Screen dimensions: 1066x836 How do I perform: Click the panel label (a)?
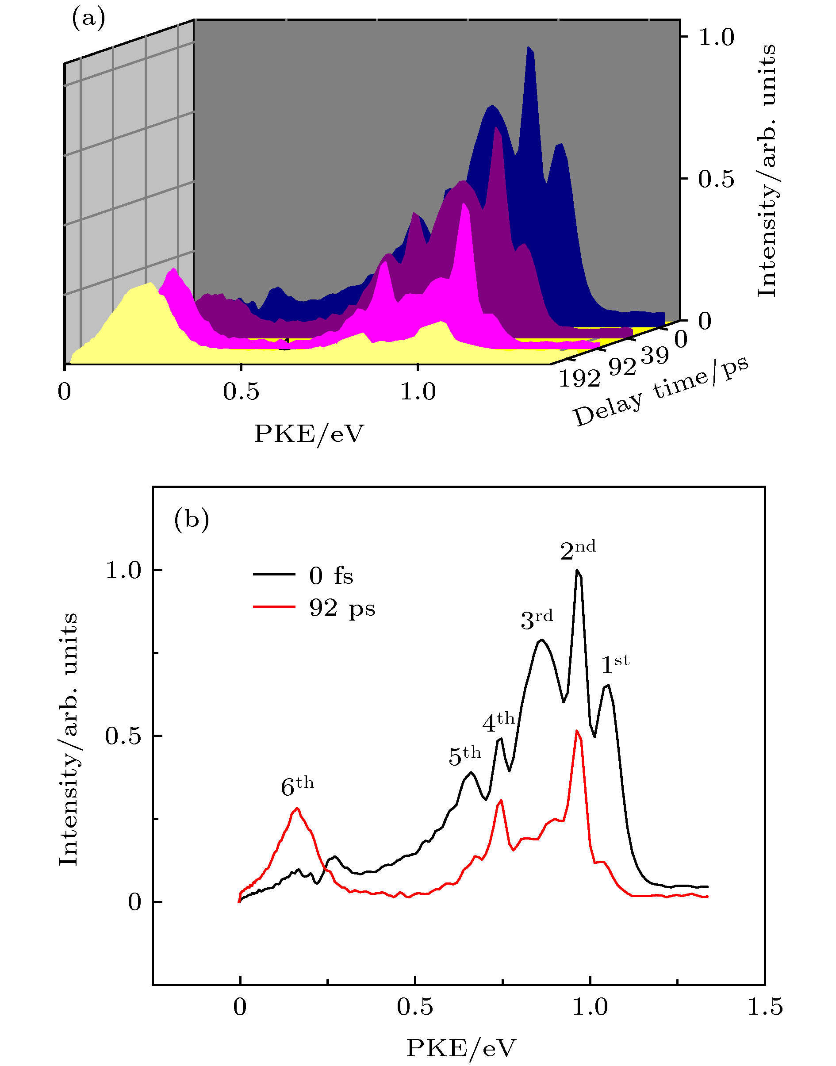point(88,19)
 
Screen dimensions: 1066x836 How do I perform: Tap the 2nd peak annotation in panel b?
point(578,550)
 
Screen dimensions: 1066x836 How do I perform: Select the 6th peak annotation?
point(297,786)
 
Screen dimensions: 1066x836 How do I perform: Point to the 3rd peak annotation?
point(537,620)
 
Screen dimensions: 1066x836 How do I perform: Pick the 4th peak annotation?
point(498,722)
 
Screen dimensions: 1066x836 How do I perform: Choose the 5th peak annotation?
point(464,755)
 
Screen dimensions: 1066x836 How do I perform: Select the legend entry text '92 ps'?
point(342,608)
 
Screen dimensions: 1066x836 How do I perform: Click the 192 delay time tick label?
point(579,377)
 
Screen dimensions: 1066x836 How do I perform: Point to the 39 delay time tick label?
point(654,355)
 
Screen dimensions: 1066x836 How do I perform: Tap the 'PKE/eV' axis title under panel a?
point(309,433)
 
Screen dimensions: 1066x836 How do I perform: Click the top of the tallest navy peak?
point(529,48)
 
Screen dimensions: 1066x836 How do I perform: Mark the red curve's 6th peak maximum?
point(297,808)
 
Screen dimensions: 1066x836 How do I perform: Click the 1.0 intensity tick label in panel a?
point(716,37)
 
